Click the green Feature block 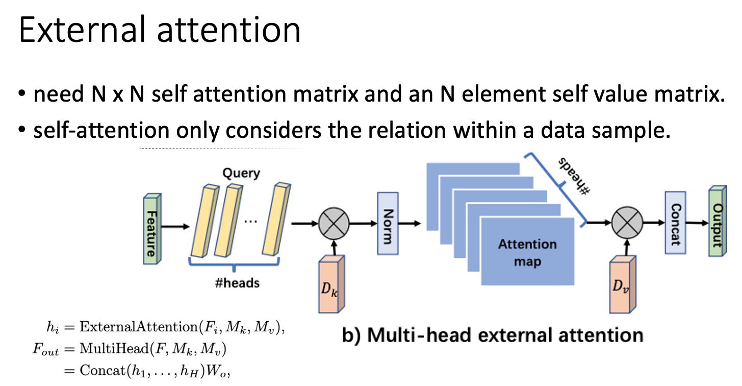[151, 228]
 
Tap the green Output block [717, 224]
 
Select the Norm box [387, 223]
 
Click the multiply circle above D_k [334, 224]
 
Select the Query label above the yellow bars [241, 173]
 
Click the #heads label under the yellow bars [237, 282]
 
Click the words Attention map [527, 253]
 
